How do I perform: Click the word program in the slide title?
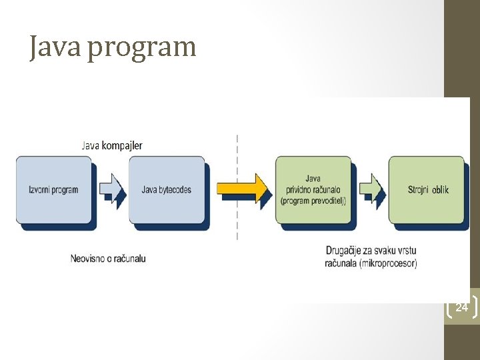(x=141, y=49)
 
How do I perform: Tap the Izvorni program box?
(x=53, y=190)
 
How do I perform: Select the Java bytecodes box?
(x=167, y=190)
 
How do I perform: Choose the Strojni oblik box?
(x=427, y=190)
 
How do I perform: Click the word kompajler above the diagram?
(x=123, y=145)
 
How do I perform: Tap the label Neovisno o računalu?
(x=108, y=258)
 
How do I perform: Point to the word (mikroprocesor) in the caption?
(x=390, y=263)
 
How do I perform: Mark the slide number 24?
(x=461, y=307)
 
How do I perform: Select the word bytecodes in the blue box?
(x=175, y=190)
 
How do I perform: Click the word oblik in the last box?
(x=440, y=190)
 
